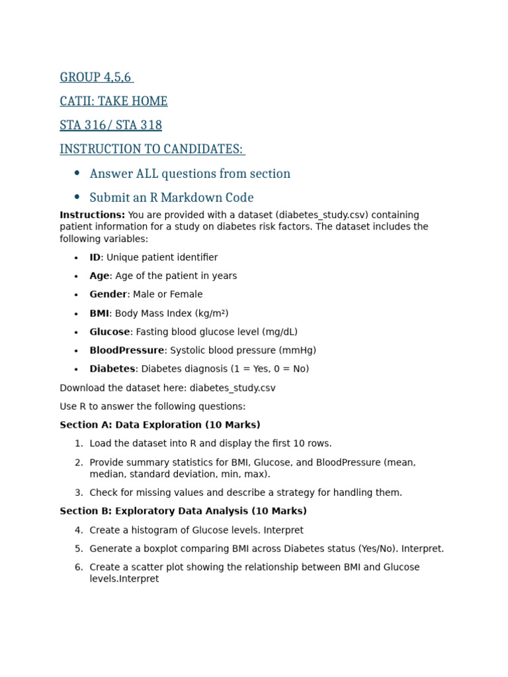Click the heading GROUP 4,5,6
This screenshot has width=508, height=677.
coord(96,77)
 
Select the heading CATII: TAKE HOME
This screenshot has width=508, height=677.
coord(113,101)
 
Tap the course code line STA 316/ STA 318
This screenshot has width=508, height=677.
coord(110,125)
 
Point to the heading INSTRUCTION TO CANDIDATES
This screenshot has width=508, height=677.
coord(151,149)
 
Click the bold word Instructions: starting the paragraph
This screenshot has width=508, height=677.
coord(92,215)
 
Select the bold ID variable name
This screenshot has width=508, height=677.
coord(95,257)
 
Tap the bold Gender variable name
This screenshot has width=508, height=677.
coord(108,294)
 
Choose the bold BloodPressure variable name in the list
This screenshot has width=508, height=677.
coord(126,350)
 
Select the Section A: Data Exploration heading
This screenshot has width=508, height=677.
coord(159,425)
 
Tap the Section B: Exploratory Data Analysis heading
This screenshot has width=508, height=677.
coord(183,511)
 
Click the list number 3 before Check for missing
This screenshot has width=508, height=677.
coord(78,493)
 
